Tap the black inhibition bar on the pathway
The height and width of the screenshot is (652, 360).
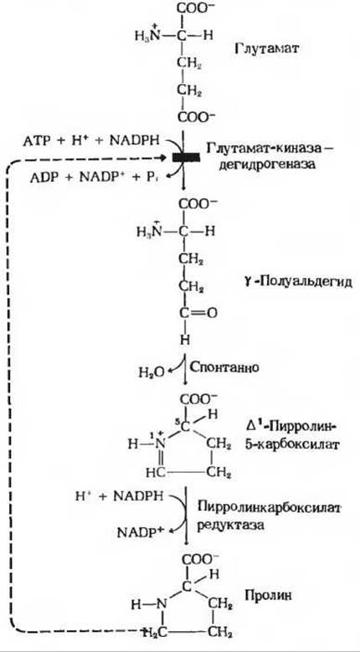point(186,157)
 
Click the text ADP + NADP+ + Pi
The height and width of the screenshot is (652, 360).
point(95,177)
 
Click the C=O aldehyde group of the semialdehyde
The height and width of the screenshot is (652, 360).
point(198,313)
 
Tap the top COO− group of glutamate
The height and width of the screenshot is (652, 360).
point(193,9)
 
